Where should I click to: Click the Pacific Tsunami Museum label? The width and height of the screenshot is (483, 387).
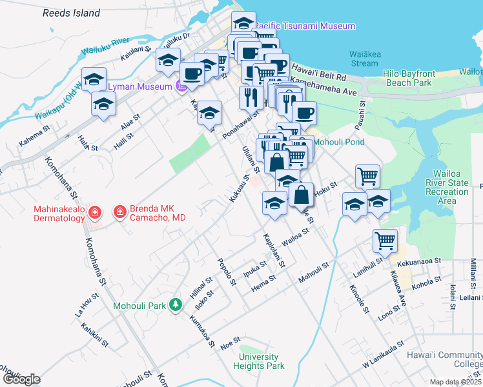coord(305,26)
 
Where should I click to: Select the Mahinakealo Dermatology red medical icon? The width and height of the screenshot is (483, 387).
coord(94,212)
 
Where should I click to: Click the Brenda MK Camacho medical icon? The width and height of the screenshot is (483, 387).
coord(119,212)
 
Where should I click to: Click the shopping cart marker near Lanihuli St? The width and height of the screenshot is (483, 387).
coord(385,241)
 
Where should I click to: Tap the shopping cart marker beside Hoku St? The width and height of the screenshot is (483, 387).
coord(367,175)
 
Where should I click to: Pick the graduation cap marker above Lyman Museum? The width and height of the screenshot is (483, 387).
coord(168,60)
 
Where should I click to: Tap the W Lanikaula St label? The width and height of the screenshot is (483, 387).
coord(382,355)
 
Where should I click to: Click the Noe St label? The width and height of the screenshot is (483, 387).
coord(231,339)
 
